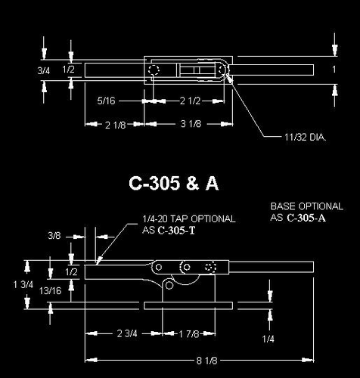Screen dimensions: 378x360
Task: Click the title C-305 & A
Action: tap(174, 183)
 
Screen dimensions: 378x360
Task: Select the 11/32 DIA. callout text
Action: tap(306, 138)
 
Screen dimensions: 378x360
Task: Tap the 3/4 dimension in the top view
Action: tap(45, 70)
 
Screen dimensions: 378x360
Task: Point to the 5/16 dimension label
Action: tap(107, 99)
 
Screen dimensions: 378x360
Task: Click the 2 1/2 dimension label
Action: tap(189, 99)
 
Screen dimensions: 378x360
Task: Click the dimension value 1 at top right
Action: tap(334, 70)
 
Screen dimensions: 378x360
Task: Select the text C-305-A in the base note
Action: tap(306, 218)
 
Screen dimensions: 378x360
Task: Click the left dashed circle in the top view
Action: tap(154, 70)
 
